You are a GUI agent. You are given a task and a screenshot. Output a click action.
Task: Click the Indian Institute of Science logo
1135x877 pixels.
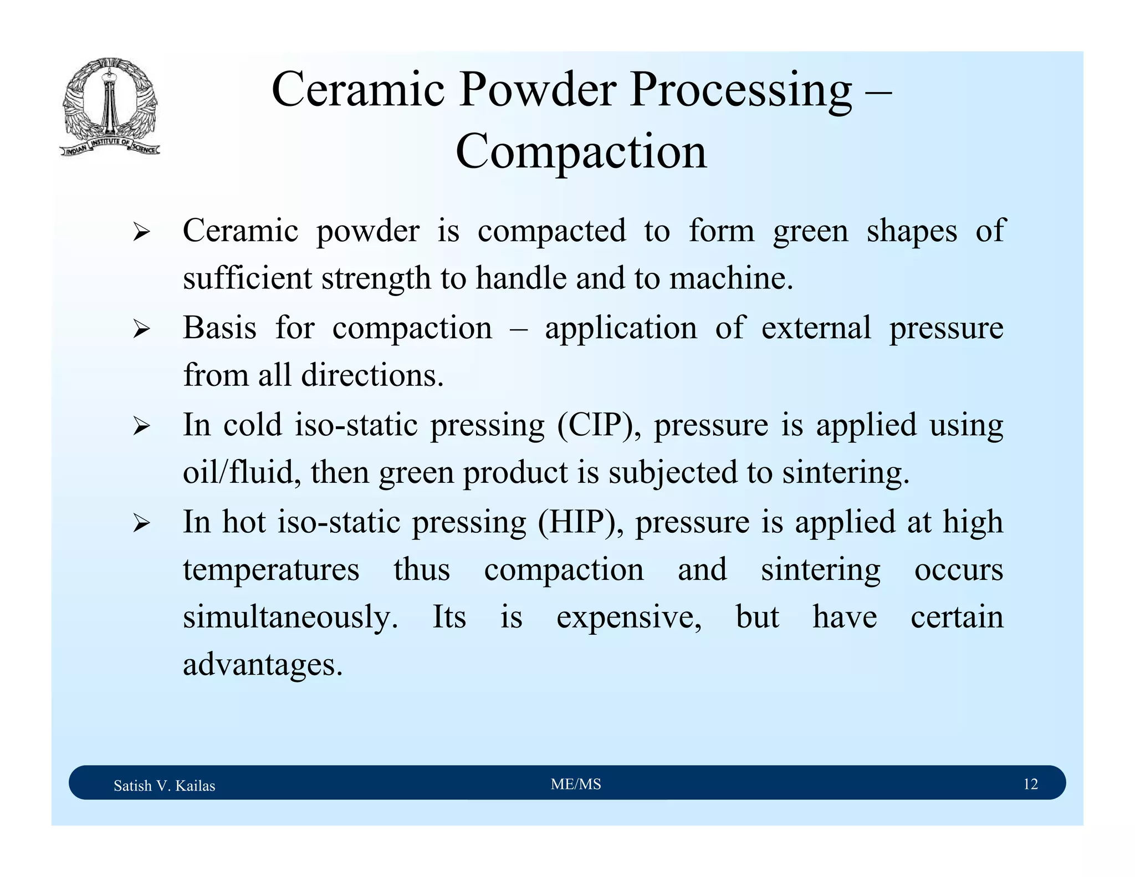[110, 106]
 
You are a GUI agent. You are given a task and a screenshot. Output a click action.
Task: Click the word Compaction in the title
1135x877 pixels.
[581, 152]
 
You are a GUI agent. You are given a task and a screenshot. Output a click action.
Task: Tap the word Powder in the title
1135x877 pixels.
[536, 90]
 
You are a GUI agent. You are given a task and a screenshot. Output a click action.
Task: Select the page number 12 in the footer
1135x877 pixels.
[1030, 784]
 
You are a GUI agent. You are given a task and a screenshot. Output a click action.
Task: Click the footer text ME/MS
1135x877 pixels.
[576, 784]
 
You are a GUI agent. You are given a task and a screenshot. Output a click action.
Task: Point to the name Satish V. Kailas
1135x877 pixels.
[164, 786]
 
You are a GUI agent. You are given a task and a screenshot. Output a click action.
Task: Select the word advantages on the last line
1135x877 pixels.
[263, 665]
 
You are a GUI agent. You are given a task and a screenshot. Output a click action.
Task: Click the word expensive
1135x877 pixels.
[628, 618]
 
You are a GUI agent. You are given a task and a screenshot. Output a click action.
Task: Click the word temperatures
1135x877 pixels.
[271, 570]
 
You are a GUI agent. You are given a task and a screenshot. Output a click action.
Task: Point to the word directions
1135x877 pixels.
[372, 375]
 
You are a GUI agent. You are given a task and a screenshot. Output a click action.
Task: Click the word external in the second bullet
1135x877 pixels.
[816, 328]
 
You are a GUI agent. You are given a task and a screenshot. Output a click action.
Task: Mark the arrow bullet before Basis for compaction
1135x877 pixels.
[141, 330]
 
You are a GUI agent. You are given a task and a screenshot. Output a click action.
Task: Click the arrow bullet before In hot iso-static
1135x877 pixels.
[141, 523]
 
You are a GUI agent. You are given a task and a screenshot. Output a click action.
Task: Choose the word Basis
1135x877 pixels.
[219, 328]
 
